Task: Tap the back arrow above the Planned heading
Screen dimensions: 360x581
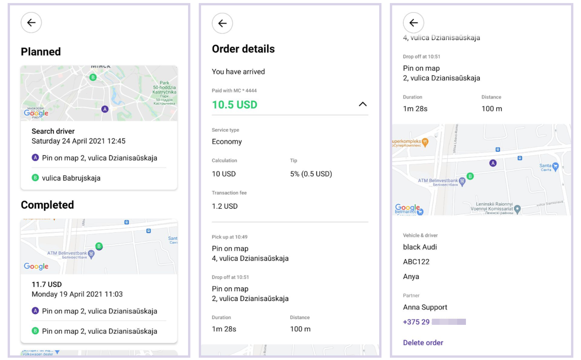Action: click(31, 23)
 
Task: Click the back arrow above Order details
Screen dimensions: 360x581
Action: click(222, 23)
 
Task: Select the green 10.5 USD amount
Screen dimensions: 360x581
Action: click(234, 105)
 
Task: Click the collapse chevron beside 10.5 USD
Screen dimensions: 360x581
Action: click(363, 104)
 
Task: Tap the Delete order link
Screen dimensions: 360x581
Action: click(423, 343)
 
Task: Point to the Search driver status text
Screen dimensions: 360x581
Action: click(53, 131)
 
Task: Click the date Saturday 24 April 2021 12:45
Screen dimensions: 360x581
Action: click(78, 141)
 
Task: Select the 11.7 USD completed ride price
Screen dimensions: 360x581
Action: click(47, 284)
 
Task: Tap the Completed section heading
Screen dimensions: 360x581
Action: click(47, 205)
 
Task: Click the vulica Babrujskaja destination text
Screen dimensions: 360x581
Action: click(71, 178)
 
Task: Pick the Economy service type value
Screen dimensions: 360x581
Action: click(227, 142)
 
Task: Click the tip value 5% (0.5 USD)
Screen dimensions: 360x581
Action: click(311, 174)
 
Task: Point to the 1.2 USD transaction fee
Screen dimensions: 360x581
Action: click(225, 206)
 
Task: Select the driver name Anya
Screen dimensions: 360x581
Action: click(411, 277)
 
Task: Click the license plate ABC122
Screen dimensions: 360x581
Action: click(416, 262)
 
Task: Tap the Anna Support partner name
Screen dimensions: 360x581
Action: click(425, 307)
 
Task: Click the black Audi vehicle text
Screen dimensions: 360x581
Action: click(420, 247)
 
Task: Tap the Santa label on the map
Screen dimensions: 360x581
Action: click(545, 166)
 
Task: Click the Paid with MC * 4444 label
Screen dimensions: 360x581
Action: click(234, 91)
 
